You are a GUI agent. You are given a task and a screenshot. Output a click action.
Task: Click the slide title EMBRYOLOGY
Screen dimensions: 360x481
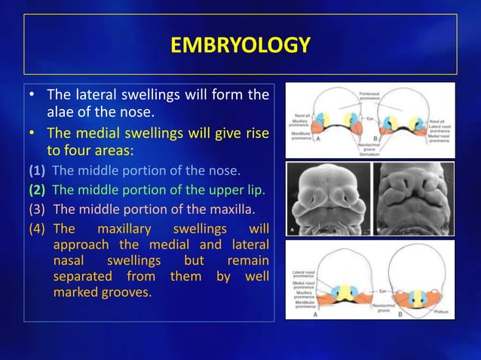coord(240,45)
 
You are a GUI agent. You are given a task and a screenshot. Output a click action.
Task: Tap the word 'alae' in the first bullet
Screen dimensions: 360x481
coord(63,113)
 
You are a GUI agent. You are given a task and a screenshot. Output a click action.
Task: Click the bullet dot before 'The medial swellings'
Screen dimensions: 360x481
coord(32,133)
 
